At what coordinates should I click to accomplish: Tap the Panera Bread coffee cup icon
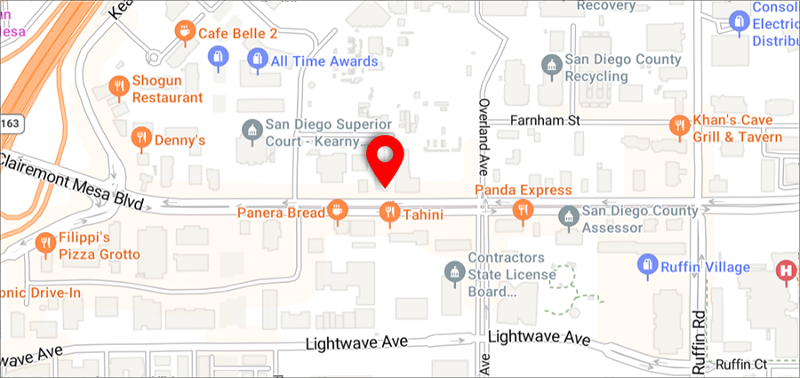pos(337,211)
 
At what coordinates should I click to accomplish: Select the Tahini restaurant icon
pos(388,212)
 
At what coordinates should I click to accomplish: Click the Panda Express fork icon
pos(523,210)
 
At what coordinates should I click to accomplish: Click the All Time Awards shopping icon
pos(256,60)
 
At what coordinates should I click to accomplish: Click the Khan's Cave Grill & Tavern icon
pos(681,125)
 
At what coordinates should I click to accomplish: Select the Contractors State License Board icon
pos(454,270)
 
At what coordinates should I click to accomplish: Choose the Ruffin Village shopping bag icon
pos(647,264)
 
